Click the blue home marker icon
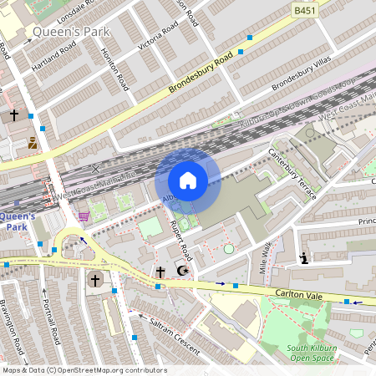tap(188, 180)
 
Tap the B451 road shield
tap(306, 10)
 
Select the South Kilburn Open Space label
tap(309, 353)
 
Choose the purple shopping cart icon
tap(83, 216)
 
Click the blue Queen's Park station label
tap(17, 221)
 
